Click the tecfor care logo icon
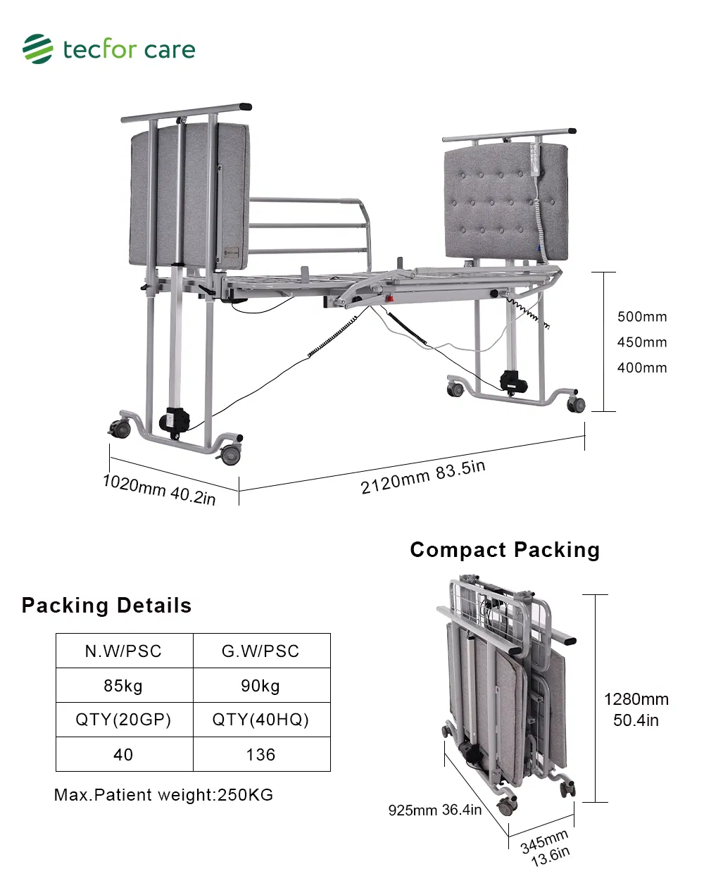[37, 49]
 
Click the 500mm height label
[641, 317]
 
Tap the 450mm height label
[641, 342]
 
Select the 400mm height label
[641, 368]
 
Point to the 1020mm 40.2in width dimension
[159, 489]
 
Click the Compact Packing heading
[505, 550]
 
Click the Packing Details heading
[106, 606]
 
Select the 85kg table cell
[124, 686]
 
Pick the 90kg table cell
[260, 686]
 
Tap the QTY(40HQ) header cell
[260, 720]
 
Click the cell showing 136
[260, 755]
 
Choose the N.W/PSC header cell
[124, 651]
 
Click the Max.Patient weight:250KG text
[163, 795]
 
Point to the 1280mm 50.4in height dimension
[636, 709]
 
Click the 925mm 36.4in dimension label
[434, 810]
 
